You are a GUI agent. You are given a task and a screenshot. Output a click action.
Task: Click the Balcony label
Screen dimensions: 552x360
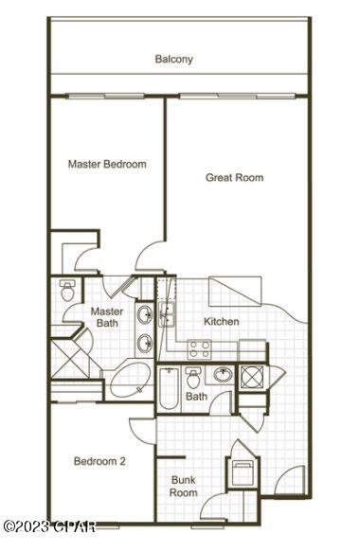click(173, 59)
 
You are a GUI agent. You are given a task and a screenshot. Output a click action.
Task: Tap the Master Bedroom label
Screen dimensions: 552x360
click(107, 164)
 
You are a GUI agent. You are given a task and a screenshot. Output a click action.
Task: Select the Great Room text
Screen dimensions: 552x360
click(234, 177)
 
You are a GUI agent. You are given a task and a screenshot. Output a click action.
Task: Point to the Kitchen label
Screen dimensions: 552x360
click(221, 322)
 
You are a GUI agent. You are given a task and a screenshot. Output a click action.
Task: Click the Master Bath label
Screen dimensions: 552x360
click(106, 317)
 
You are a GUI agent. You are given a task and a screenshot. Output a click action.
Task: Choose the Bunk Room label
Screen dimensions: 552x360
click(183, 486)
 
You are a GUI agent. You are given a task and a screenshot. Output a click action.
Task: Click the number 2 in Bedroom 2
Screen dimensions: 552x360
click(123, 461)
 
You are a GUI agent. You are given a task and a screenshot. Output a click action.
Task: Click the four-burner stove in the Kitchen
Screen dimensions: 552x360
click(199, 347)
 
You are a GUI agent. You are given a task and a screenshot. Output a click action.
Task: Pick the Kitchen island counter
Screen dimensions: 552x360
click(235, 289)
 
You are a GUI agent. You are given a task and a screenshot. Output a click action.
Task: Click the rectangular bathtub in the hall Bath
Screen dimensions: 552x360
click(168, 388)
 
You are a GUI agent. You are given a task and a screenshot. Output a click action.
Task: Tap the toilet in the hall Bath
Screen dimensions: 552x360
click(194, 379)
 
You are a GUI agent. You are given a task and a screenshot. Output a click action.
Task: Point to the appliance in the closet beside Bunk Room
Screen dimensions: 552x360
click(241, 473)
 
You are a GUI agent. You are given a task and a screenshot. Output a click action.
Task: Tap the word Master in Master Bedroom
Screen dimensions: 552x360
click(85, 164)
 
